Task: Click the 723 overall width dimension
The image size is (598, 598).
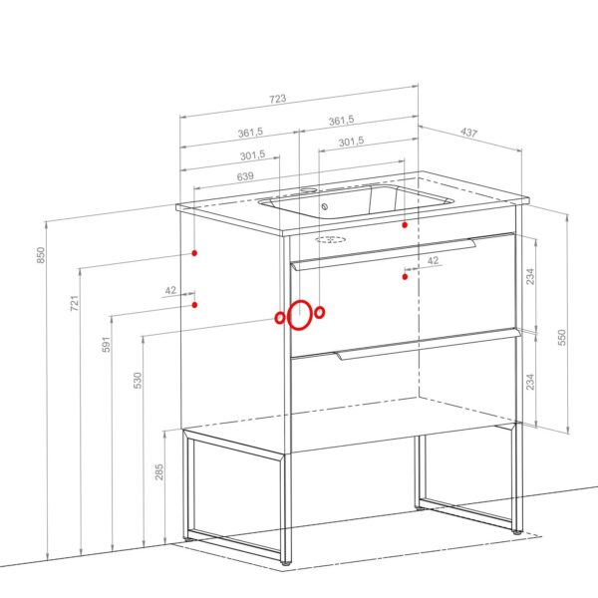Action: (278, 99)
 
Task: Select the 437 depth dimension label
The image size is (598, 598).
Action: (468, 132)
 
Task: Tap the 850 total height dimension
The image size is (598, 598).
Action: (41, 255)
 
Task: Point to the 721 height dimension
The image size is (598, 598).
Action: (75, 303)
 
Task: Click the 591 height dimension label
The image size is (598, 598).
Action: (107, 344)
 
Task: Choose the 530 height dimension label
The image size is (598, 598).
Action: (138, 381)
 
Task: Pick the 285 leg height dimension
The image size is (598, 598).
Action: (159, 471)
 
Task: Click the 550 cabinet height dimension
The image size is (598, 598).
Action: (562, 338)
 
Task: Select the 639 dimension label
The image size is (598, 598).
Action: (245, 176)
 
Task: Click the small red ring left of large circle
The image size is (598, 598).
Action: (280, 317)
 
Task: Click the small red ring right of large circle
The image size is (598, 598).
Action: (320, 312)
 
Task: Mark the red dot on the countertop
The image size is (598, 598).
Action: (405, 225)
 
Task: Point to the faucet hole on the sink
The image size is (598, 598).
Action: (308, 189)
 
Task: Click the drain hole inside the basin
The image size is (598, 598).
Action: (325, 206)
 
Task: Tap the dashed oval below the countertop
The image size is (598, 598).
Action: (330, 239)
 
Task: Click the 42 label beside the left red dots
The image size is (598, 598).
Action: (170, 291)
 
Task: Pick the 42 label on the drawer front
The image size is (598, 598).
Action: (434, 260)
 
